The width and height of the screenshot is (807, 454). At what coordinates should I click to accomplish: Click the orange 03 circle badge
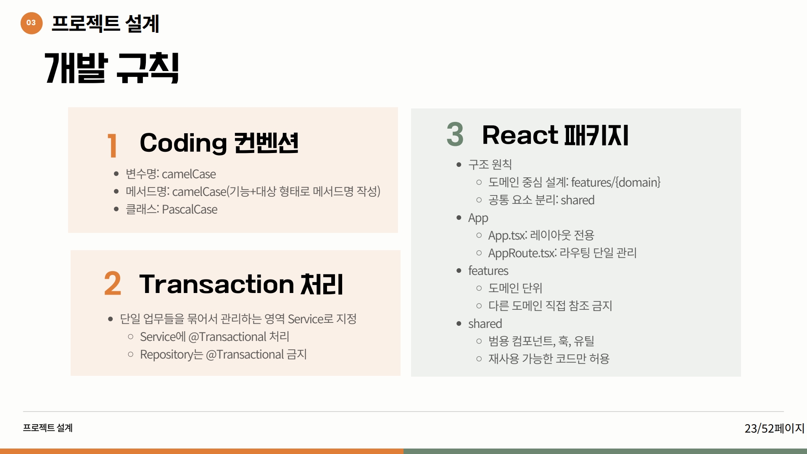32,23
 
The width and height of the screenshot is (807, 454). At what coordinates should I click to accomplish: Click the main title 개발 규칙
112,68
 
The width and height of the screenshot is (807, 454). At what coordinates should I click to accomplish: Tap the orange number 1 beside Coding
112,145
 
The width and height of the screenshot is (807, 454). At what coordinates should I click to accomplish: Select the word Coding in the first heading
183,143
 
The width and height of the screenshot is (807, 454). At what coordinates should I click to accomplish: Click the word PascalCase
190,209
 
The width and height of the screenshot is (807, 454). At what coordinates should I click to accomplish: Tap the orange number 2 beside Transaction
113,283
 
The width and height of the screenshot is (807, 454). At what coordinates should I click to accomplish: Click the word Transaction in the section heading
216,284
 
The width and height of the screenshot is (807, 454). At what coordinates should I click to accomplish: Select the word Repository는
171,355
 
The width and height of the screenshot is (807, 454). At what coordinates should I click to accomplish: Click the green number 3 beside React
455,135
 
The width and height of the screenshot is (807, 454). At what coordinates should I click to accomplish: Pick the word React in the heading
520,135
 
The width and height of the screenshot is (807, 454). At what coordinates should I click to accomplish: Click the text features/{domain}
616,182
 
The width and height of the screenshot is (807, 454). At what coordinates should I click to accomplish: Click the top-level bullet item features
488,271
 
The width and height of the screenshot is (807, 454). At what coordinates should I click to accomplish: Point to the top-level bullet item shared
485,324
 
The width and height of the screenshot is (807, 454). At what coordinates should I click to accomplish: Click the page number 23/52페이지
774,428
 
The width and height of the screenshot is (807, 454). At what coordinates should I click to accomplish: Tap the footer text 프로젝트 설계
48,428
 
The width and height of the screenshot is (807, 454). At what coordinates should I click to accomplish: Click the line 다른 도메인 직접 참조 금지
550,306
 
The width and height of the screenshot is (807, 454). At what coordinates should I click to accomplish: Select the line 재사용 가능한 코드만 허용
549,359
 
